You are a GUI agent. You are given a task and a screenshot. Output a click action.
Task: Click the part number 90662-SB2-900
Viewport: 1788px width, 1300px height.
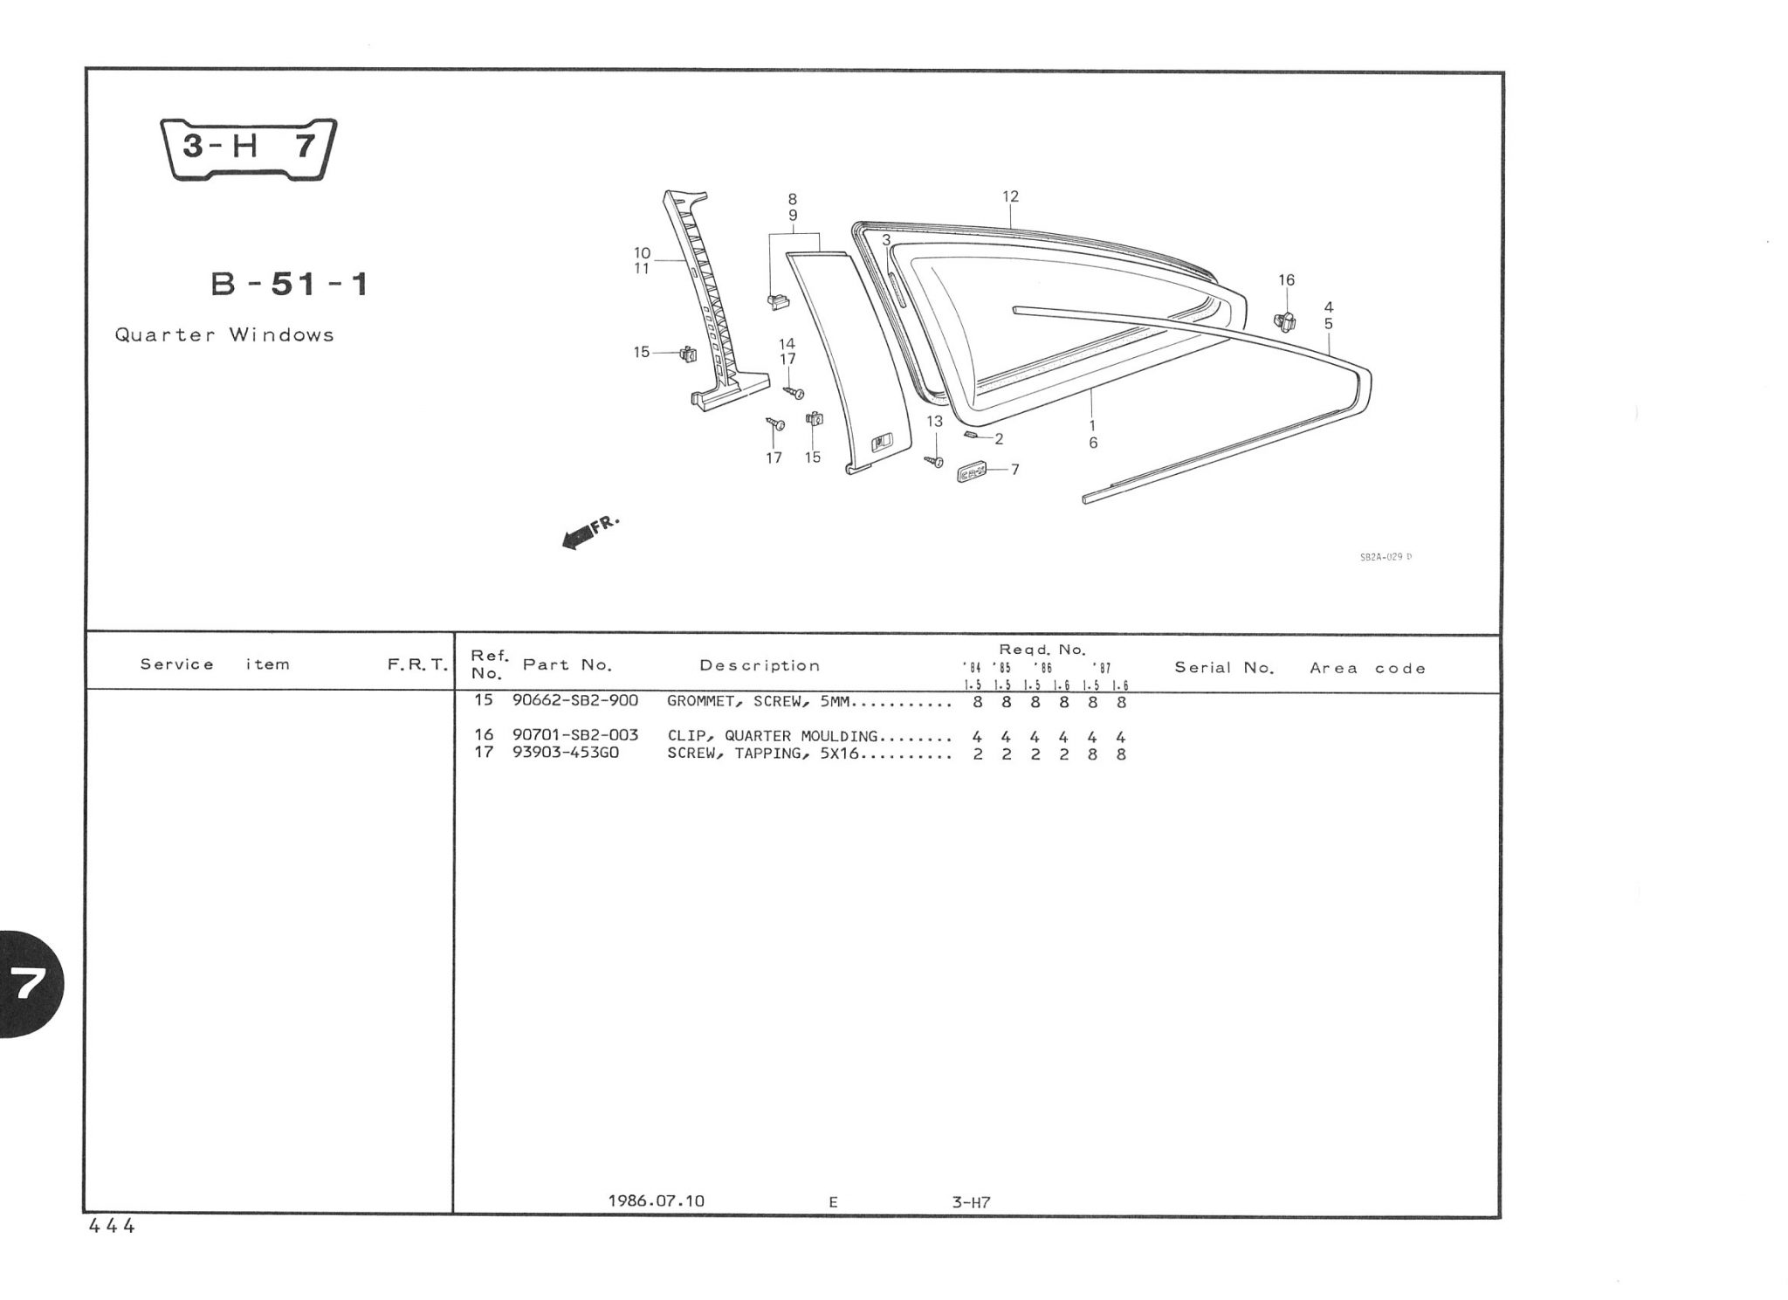pos(575,701)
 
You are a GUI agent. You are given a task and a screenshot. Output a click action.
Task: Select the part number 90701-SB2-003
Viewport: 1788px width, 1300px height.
pos(575,735)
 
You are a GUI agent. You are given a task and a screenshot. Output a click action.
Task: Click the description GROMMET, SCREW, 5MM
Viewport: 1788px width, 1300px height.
pos(758,701)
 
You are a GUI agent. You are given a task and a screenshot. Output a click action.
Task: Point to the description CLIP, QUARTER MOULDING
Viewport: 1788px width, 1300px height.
pos(772,735)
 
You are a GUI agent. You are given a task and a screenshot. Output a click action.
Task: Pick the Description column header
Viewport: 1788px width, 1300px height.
pos(760,665)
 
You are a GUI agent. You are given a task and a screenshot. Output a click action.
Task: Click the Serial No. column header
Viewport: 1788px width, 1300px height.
pos(1224,668)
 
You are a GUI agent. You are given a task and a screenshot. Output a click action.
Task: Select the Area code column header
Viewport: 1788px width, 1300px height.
pos(1367,669)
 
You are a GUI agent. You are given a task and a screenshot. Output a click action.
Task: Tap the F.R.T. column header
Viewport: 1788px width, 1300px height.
pos(417,665)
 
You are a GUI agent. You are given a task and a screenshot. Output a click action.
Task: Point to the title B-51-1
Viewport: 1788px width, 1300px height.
pos(290,285)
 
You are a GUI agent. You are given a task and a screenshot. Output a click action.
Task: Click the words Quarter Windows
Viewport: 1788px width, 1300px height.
pos(224,335)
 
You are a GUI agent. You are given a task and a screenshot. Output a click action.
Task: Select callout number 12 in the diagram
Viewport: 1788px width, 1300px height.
pos(1010,197)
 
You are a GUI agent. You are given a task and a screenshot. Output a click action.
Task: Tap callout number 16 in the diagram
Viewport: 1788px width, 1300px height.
pos(1286,280)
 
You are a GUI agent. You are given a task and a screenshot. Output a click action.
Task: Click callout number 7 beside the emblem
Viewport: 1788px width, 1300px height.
pos(1014,470)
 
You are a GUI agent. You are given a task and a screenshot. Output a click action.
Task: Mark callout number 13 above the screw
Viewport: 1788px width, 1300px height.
pos(934,422)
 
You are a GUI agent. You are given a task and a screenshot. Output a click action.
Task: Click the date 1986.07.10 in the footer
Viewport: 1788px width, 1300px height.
pos(656,1200)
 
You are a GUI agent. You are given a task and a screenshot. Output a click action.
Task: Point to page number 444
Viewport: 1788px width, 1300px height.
pos(112,1226)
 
